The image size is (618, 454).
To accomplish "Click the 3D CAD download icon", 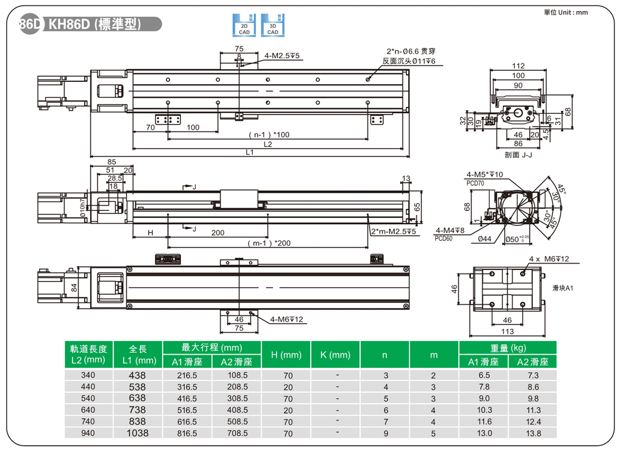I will point(273,26).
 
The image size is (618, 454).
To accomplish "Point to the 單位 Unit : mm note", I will point(566,12).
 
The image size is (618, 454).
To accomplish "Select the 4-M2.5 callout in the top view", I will point(283,56).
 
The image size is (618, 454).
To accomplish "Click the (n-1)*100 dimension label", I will point(269,135).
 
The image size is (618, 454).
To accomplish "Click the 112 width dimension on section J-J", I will point(518,66).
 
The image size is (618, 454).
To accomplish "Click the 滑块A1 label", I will point(562,288).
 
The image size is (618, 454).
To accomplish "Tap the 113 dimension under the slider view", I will point(507,332).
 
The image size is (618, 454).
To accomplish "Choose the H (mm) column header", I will point(286,354).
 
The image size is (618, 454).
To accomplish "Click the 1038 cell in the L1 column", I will point(138,433).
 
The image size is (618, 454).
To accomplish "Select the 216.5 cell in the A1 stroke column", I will point(187,376).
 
